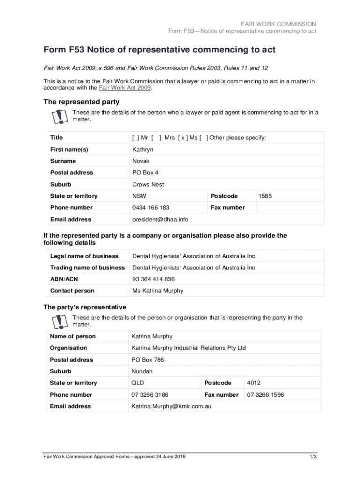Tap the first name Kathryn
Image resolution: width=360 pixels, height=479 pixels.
(x=143, y=150)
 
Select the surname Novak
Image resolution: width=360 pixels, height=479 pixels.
(x=141, y=161)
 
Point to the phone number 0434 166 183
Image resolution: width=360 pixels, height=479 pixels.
(x=151, y=207)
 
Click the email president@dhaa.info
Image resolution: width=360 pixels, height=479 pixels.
(x=160, y=219)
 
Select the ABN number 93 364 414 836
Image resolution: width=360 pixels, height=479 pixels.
(x=153, y=279)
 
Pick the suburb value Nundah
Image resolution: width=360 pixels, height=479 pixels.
(x=142, y=371)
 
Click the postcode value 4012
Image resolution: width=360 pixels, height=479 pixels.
(x=254, y=383)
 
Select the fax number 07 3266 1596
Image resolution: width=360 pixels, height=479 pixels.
(x=265, y=395)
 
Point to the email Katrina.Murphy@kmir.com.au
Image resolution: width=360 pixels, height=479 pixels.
(x=171, y=406)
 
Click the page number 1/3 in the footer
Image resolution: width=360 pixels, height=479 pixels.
(x=313, y=457)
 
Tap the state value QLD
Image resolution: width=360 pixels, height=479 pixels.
(x=137, y=383)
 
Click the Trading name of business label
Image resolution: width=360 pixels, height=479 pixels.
(x=87, y=268)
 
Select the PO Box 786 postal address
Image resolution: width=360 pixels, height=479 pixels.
(x=148, y=360)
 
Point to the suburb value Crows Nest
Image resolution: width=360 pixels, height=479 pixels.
(x=148, y=184)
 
